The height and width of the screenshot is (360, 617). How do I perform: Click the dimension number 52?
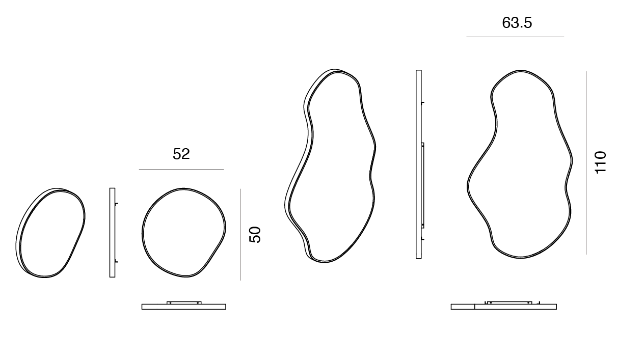point(181,154)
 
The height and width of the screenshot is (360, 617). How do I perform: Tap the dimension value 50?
point(255,235)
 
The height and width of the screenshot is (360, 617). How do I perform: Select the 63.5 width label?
point(517,22)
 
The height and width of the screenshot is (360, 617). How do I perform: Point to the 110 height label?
point(601,162)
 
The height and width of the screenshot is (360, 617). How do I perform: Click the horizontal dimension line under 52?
point(181,170)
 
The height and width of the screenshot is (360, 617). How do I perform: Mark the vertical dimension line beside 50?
point(240,235)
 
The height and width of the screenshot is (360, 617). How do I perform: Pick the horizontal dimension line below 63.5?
point(515,37)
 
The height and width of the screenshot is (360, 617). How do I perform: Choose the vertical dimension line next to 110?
point(586,162)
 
